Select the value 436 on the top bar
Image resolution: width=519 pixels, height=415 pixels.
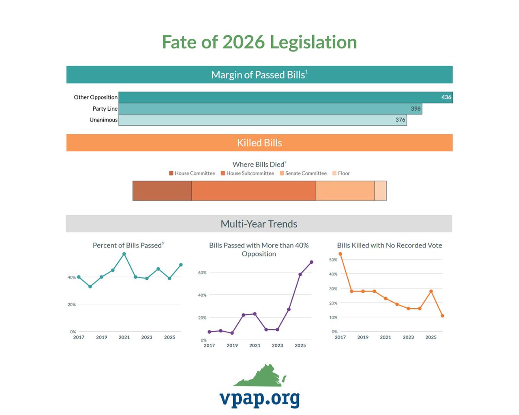click(x=446, y=97)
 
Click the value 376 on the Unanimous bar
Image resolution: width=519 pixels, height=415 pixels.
click(x=400, y=120)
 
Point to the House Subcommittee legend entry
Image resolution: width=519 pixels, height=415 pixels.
click(x=247, y=173)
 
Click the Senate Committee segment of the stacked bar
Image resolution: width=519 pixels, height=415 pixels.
click(x=345, y=191)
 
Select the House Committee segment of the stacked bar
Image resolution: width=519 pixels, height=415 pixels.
click(x=162, y=191)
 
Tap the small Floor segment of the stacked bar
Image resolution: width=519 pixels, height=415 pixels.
click(x=380, y=191)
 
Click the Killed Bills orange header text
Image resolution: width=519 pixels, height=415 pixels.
click(x=259, y=143)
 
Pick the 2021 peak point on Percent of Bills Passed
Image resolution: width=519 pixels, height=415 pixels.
click(x=124, y=254)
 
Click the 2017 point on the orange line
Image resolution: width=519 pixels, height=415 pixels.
click(x=340, y=254)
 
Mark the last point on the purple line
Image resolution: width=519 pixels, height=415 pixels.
click(x=311, y=262)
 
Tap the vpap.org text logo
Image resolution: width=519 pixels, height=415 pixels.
click(x=259, y=398)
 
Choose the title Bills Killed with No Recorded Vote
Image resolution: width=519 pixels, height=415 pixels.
click(x=389, y=245)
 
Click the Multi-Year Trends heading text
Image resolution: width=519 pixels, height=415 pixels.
click(x=259, y=224)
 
